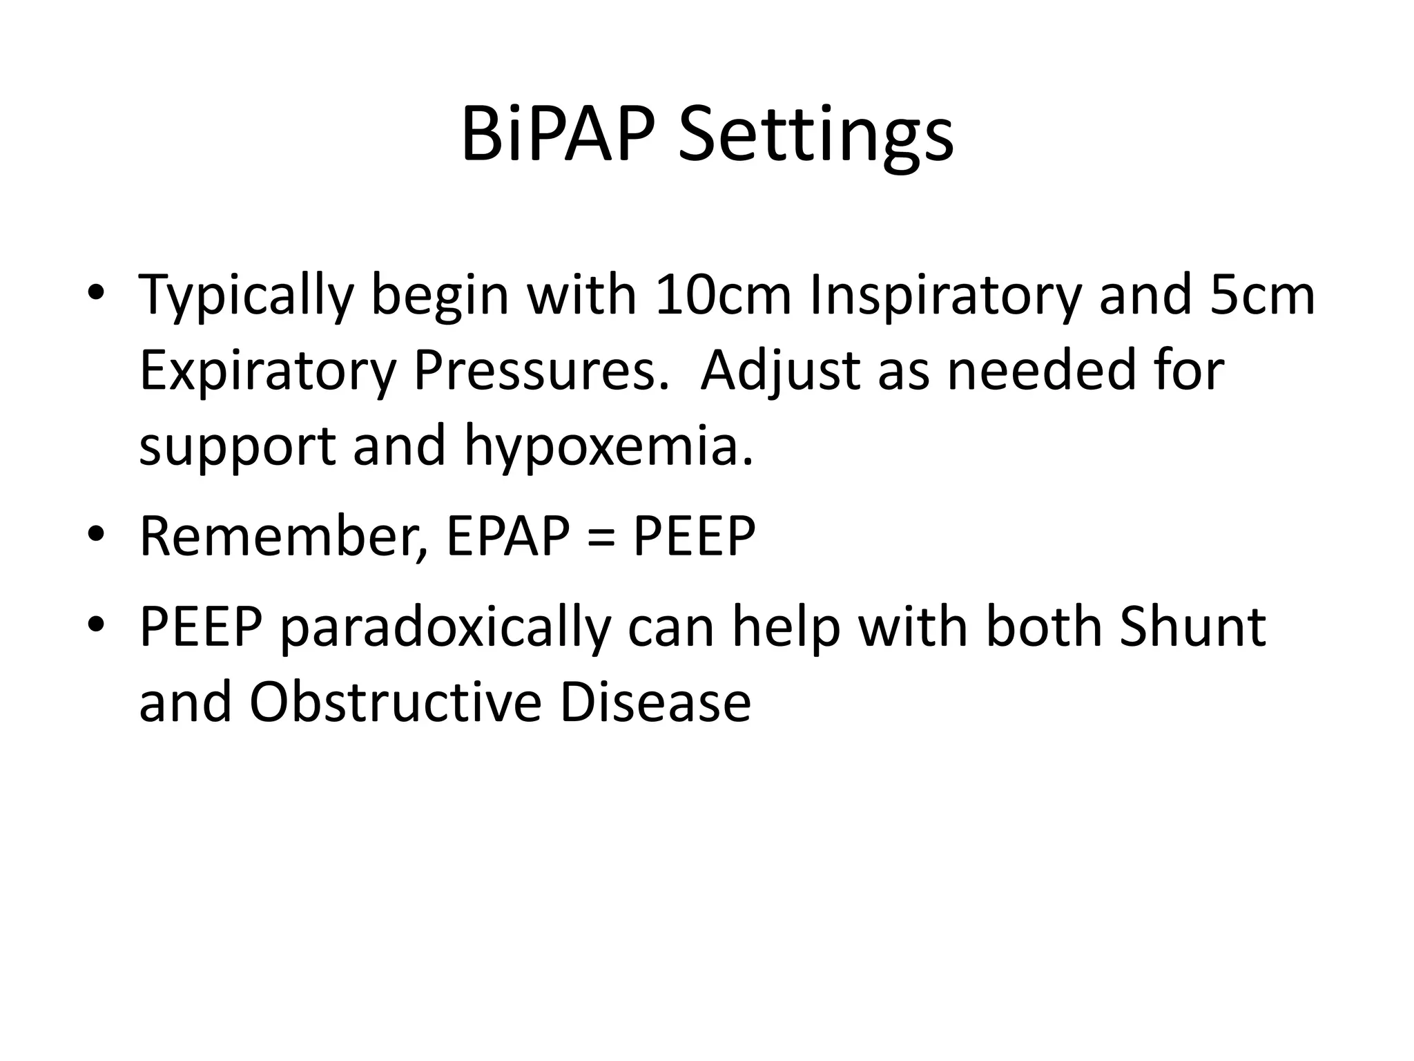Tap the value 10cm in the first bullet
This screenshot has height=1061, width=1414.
pos(722,296)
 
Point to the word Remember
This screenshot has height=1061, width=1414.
pos(283,536)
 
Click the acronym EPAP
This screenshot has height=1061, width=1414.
pos(508,536)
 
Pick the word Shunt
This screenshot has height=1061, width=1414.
pos(1192,627)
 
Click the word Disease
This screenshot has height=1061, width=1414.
pos(655,702)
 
